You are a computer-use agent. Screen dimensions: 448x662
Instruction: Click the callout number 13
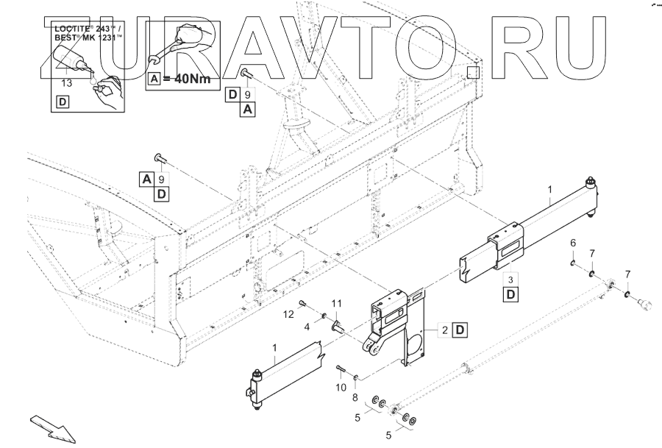(67, 83)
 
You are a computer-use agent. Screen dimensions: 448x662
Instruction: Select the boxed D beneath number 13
(63, 102)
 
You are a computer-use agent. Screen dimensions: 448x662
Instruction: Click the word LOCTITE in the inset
(70, 26)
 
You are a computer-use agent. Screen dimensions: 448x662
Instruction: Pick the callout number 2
(445, 330)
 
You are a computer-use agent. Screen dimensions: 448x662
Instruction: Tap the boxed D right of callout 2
(459, 330)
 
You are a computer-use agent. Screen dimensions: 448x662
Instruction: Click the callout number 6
(573, 243)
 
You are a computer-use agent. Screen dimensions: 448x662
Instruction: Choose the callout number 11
(336, 304)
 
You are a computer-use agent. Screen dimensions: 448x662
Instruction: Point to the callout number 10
(341, 387)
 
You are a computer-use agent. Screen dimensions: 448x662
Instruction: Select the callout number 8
(356, 397)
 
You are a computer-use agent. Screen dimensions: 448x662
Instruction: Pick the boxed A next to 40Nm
(154, 79)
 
